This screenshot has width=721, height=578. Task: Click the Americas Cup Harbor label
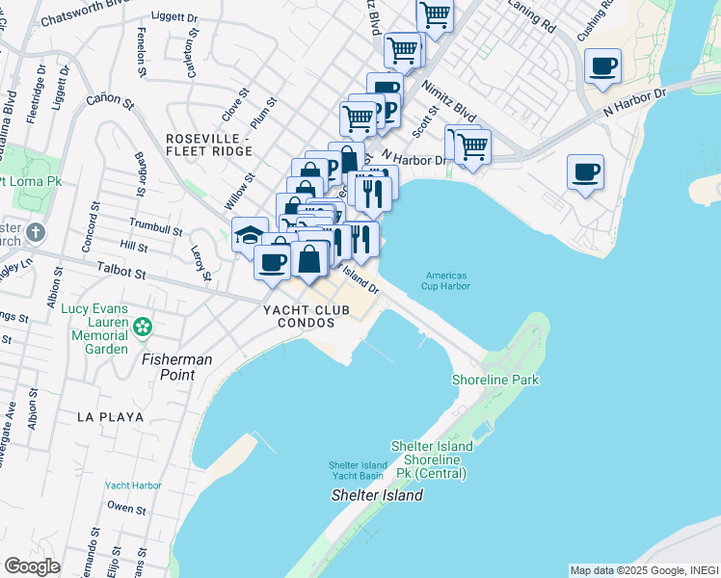(x=446, y=279)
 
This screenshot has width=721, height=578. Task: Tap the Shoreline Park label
(x=495, y=380)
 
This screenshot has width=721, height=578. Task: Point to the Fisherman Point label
(x=177, y=358)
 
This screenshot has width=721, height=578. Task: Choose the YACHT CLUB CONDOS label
(x=299, y=316)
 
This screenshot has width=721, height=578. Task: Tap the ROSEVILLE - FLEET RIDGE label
(x=206, y=144)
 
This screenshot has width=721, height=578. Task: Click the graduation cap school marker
(x=250, y=234)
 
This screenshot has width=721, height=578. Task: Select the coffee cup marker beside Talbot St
(x=272, y=260)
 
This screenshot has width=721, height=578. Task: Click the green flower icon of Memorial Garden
(x=143, y=328)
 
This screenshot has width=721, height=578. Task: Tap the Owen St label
(x=125, y=506)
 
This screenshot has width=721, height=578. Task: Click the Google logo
(x=32, y=565)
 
